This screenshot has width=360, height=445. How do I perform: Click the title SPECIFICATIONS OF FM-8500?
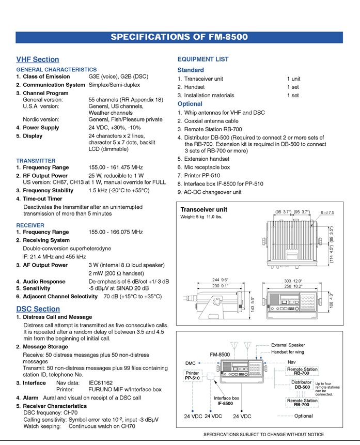179,37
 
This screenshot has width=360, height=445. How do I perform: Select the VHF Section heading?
38,59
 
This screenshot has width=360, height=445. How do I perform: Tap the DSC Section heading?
38,309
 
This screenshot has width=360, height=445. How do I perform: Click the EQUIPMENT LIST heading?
203,59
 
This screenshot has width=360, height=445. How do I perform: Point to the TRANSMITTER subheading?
36,161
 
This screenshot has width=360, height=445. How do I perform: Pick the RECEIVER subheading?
30,225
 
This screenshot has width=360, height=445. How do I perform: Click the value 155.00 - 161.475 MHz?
116,168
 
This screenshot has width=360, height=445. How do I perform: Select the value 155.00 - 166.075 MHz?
116,233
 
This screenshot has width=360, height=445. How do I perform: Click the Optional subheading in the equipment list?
190,104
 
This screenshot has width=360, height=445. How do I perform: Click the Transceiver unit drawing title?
204,210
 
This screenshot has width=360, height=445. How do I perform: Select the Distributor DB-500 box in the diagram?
302,385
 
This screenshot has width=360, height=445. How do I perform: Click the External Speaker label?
288,345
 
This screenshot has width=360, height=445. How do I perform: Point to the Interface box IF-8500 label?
227,401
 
